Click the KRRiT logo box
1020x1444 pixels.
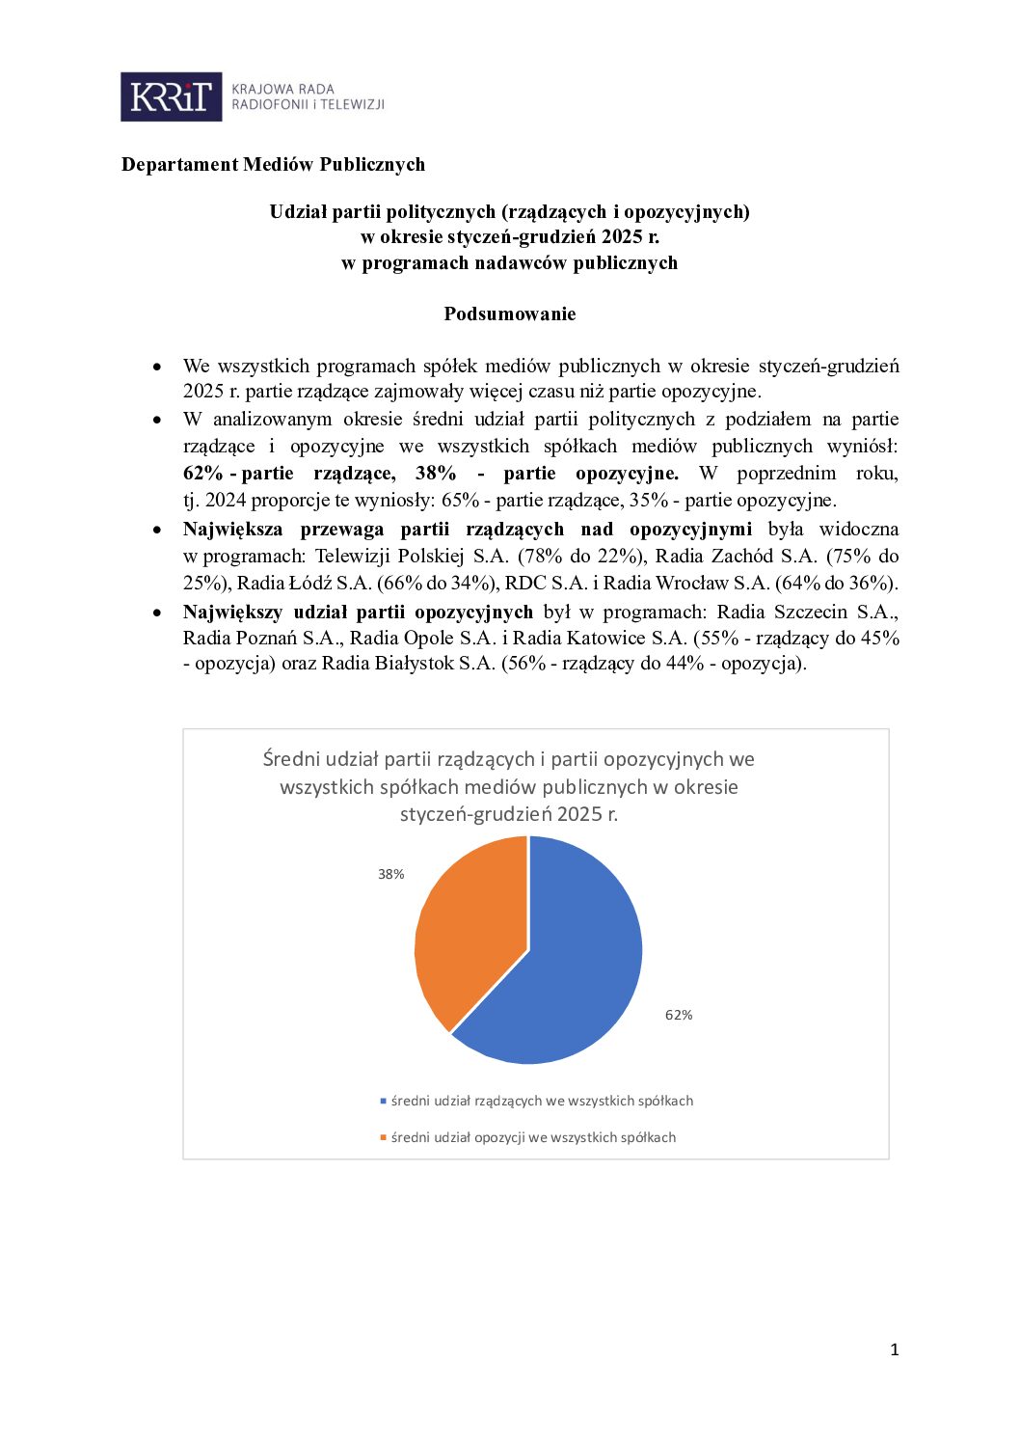point(171,96)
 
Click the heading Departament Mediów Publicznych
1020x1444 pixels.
point(273,164)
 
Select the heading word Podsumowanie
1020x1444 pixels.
point(509,313)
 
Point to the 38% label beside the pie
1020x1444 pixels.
point(390,874)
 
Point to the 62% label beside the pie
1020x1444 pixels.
point(679,1015)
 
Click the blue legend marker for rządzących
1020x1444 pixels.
point(383,1101)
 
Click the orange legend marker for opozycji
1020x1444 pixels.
point(383,1137)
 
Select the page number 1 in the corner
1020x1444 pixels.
point(895,1349)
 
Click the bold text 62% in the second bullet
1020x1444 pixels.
point(202,473)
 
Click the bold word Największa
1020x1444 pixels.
point(232,529)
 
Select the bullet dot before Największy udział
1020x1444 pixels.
point(157,613)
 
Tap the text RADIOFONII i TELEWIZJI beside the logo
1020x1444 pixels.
point(308,104)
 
